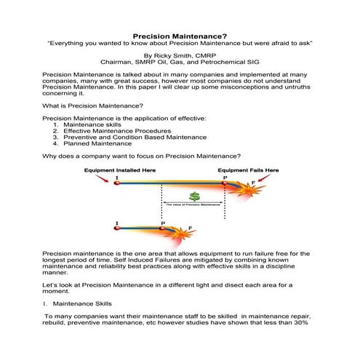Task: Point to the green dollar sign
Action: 193,196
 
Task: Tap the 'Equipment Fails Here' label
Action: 248,169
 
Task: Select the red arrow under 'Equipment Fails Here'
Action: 273,178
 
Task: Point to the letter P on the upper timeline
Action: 225,177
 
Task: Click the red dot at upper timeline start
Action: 116,184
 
